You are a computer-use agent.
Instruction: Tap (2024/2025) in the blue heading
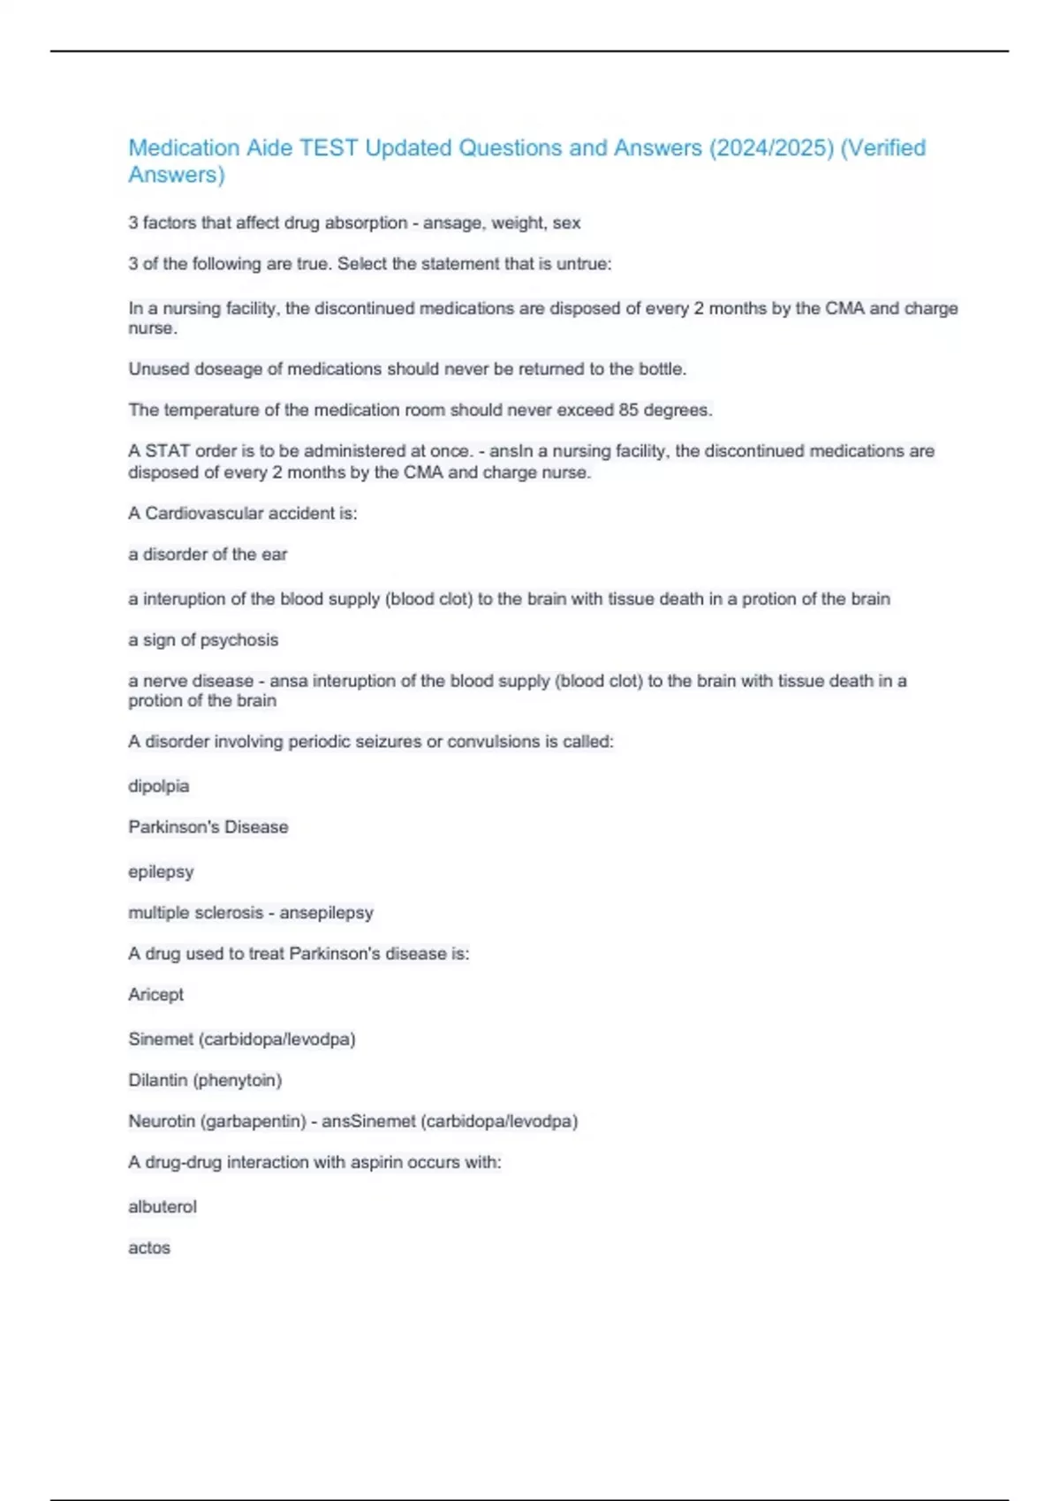[771, 147]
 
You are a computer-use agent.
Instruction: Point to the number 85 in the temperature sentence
[628, 411]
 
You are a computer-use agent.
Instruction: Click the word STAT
[167, 451]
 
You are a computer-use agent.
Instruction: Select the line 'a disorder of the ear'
[208, 554]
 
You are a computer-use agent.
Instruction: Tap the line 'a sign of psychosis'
[203, 640]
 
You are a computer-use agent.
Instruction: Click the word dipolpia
[159, 786]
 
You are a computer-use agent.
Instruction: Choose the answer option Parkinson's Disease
[208, 827]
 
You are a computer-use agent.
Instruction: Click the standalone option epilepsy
[161, 871]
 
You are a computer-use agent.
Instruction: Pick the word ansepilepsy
[326, 913]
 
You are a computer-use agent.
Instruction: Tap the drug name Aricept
[156, 994]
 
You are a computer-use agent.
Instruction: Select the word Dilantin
[157, 1080]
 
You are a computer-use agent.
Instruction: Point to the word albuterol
[163, 1207]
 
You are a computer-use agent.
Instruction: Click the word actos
[149, 1248]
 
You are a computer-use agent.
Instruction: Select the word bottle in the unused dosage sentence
[662, 369]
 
